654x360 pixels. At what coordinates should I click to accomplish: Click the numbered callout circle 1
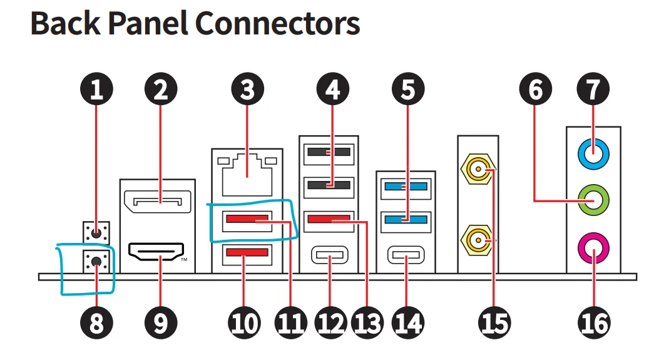point(96,90)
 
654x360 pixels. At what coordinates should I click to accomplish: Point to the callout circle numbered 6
point(536,90)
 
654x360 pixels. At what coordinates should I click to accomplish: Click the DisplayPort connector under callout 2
point(157,203)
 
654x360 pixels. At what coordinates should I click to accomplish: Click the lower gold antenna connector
point(478,239)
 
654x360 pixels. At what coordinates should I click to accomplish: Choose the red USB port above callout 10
point(247,254)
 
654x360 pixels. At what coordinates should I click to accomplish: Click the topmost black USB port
point(329,152)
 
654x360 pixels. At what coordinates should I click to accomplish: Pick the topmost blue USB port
point(406,186)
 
